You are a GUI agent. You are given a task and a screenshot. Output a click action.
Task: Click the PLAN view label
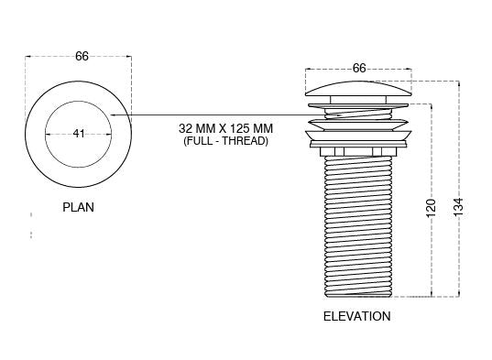click(78, 207)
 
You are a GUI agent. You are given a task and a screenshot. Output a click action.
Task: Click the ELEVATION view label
click(357, 316)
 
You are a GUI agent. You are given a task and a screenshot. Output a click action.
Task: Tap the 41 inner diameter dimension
click(79, 134)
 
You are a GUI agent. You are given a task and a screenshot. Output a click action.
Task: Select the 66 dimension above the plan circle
click(82, 57)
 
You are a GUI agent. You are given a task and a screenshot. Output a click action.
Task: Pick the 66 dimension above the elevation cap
click(359, 68)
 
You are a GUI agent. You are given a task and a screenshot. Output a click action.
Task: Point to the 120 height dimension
click(432, 208)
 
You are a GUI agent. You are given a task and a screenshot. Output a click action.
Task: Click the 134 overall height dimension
click(458, 206)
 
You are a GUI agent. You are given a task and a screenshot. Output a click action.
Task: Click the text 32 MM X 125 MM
click(225, 128)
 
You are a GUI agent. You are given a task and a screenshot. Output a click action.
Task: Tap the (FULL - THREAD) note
click(225, 141)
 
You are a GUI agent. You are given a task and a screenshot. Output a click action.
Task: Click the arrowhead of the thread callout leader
click(113, 115)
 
